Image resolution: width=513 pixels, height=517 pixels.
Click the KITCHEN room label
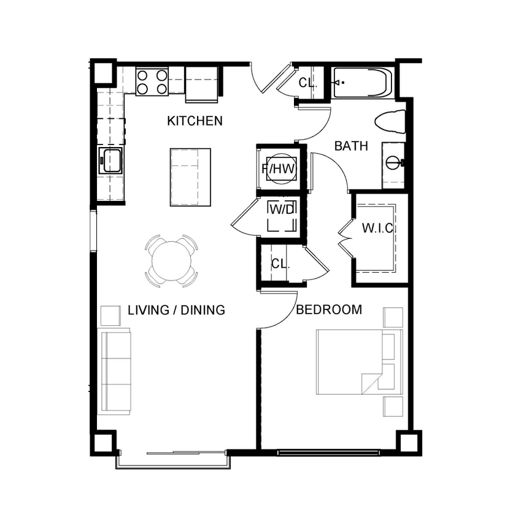click(195, 121)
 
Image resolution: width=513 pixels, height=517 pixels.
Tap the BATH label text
click(351, 146)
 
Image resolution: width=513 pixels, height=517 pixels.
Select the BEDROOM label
click(329, 309)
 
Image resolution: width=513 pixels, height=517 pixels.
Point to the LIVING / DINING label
click(176, 310)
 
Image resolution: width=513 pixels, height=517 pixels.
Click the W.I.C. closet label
click(377, 228)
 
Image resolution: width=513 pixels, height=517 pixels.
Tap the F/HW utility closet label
click(279, 168)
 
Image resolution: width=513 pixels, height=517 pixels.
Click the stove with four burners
click(152, 82)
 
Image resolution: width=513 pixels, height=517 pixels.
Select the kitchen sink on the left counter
click(111, 160)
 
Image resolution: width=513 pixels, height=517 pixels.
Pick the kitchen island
click(190, 177)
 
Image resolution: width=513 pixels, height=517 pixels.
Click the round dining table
click(172, 260)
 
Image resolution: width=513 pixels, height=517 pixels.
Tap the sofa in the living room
click(114, 371)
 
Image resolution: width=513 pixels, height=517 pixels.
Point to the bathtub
click(361, 83)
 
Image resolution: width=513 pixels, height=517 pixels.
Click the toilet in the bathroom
click(391, 122)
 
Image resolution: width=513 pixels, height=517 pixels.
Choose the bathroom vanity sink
click(393, 163)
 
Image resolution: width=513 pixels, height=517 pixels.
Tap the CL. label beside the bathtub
click(307, 83)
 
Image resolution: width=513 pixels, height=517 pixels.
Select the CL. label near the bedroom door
click(280, 264)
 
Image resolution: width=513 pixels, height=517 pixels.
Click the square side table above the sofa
click(111, 315)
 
